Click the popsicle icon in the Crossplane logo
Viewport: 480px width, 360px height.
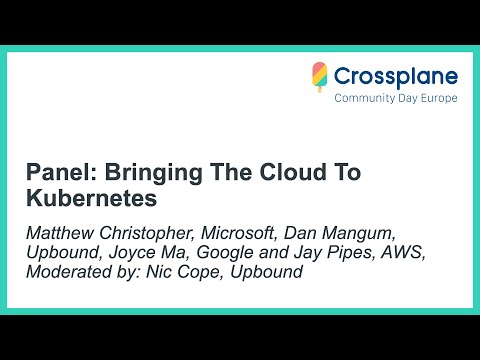pyautogui.click(x=320, y=78)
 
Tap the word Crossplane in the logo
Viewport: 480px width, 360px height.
pyautogui.click(x=396, y=76)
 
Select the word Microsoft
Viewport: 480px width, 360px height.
pyautogui.click(x=246, y=233)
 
